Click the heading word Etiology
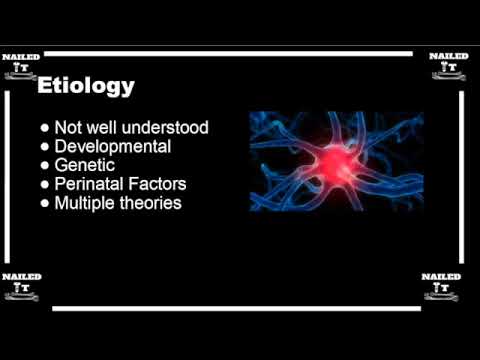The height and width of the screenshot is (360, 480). click(85, 87)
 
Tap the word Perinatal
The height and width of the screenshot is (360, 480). click(98, 184)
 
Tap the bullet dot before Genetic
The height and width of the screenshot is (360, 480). click(46, 166)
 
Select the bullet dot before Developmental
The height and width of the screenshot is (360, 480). click(46, 147)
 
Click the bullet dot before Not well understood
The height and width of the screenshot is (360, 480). click(46, 128)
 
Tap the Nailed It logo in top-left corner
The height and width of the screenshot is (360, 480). click(21, 64)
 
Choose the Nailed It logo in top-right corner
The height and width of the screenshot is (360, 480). click(449, 64)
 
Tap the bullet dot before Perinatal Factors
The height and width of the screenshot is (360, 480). click(46, 185)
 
